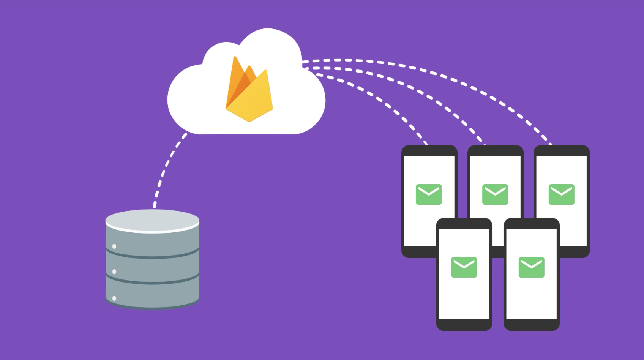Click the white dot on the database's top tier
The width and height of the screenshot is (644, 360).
tap(114, 246)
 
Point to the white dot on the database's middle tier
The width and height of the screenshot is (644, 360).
tap(114, 272)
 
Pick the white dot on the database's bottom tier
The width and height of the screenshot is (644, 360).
tap(114, 298)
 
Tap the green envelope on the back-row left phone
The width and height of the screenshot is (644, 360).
tap(429, 194)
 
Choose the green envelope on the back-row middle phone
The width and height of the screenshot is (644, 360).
tap(495, 194)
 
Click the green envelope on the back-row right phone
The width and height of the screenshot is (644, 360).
tap(562, 194)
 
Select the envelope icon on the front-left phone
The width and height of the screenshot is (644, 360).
tap(464, 267)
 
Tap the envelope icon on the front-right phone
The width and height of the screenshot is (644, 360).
tap(532, 267)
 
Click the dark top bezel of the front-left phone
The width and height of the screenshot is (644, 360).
tap(464, 224)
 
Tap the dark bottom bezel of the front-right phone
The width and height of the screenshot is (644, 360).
tap(532, 325)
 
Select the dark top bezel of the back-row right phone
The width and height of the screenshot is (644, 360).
tap(562, 151)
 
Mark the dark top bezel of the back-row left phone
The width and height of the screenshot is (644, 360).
tap(429, 151)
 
